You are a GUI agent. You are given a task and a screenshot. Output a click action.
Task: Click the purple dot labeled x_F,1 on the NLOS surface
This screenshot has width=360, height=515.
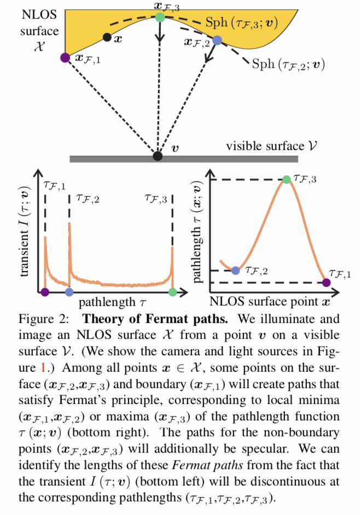(65, 57)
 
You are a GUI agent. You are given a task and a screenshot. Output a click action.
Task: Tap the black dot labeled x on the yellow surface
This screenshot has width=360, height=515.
(107, 37)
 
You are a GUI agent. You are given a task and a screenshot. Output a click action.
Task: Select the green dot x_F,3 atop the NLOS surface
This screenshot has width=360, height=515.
(159, 17)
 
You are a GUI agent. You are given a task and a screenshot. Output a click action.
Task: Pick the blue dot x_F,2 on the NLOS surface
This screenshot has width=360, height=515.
(217, 40)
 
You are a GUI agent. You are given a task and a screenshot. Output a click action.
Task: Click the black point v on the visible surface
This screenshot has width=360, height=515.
(158, 156)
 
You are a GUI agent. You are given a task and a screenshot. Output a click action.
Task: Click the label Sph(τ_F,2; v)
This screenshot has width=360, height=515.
(288, 63)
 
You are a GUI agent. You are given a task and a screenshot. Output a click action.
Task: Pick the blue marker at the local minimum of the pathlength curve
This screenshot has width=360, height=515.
(236, 270)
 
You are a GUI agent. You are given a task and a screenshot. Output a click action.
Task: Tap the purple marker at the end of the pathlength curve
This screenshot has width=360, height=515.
(326, 282)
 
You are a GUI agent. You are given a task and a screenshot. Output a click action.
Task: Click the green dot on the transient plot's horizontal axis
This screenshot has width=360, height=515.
(173, 292)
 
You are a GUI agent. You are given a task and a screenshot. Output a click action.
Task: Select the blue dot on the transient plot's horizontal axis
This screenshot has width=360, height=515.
(69, 292)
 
